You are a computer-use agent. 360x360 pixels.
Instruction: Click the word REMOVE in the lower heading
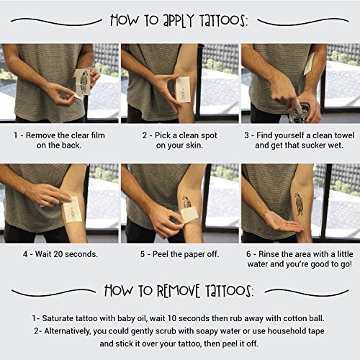(179, 291)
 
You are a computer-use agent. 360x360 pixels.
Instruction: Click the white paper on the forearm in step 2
(183, 89)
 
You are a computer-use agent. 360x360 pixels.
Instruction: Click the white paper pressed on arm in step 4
(72, 210)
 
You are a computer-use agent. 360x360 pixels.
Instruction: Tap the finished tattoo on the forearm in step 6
(299, 204)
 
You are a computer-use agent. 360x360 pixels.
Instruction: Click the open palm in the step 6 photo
(283, 224)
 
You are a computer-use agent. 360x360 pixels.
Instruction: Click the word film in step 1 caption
(98, 135)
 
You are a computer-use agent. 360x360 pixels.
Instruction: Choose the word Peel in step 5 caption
(161, 254)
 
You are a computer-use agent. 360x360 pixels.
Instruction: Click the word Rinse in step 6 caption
(269, 254)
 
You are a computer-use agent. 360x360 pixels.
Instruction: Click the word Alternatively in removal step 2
(68, 331)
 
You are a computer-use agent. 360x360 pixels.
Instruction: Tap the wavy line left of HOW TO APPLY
(56, 22)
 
